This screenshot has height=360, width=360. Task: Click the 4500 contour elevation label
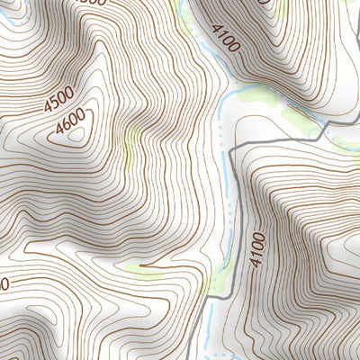pyautogui.click(x=58, y=98)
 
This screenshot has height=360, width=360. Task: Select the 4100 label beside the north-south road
pyautogui.click(x=258, y=249)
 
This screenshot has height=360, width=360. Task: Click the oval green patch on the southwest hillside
pyautogui.click(x=144, y=267)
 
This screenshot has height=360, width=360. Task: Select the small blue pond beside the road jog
pyautogui.click(x=314, y=133)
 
